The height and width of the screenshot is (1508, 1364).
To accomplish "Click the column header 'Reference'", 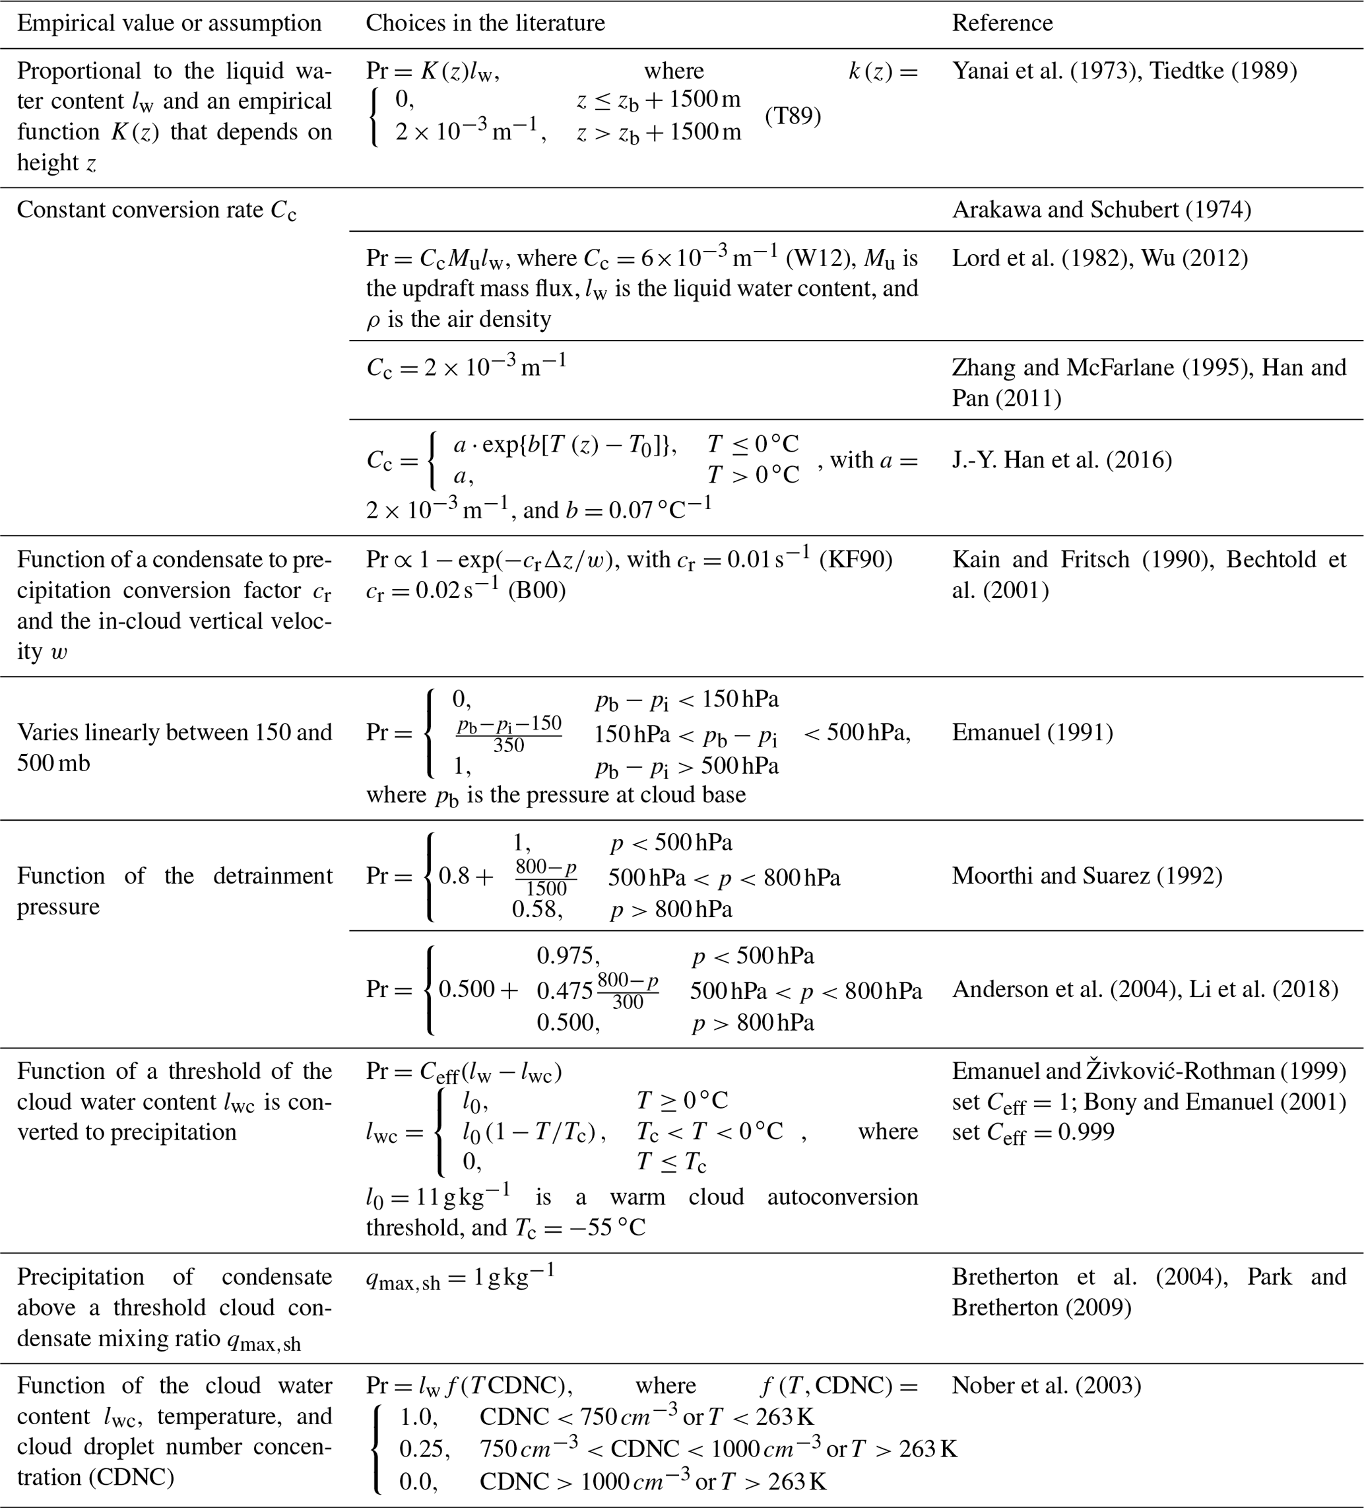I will pos(1002,23).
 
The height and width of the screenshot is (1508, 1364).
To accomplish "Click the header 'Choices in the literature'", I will pos(485,23).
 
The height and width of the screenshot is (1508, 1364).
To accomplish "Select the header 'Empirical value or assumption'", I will pos(169,23).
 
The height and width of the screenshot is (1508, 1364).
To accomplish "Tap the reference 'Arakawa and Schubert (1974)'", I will pos(1101,209).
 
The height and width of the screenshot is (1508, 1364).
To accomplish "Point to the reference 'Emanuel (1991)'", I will pos(1032,732).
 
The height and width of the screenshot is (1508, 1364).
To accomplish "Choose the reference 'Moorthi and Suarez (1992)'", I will pos(1087,875).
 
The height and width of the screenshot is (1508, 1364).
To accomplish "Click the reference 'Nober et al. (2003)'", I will pos(1046,1385).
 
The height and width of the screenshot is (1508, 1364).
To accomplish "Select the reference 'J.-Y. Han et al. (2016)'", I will pos(1062,460).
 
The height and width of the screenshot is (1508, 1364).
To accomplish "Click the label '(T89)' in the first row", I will pos(793,116).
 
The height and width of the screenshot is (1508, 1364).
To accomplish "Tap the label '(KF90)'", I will pos(855,559).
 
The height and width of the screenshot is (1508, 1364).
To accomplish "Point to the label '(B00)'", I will pos(537,590).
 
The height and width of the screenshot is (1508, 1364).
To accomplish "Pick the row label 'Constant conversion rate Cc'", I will pos(156,210).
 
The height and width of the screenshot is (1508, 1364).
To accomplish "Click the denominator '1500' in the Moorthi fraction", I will pos(546,888).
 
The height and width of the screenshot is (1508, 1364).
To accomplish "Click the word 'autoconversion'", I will pos(843,1197).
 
